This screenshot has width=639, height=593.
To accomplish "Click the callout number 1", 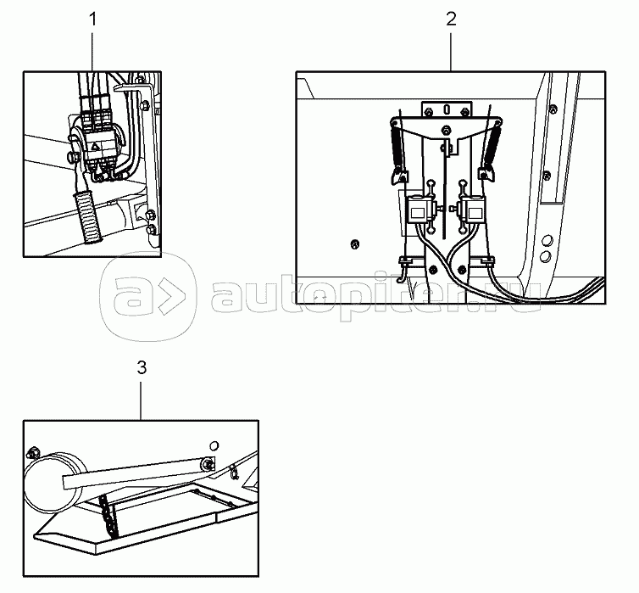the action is point(93,20).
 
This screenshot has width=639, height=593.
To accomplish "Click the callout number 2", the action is point(451,20).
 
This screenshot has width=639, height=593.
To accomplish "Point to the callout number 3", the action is point(142,367).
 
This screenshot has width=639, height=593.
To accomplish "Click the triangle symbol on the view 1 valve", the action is point(95,147).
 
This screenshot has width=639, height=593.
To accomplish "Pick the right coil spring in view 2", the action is point(492,145).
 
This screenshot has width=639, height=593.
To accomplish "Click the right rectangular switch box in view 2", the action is point(473,210).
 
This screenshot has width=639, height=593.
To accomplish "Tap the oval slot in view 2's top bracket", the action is point(447,109).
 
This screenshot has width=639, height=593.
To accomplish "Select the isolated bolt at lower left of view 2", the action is point(355,244).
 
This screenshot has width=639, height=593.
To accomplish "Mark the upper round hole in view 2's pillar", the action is point(547,239).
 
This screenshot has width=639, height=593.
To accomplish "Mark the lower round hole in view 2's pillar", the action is point(545,256).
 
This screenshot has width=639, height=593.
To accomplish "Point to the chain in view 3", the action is point(109,516).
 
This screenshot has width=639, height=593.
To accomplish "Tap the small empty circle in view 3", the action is point(214,445).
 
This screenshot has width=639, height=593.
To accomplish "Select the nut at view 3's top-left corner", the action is point(32,452).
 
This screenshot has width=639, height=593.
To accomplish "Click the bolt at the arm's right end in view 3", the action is point(208,464).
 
